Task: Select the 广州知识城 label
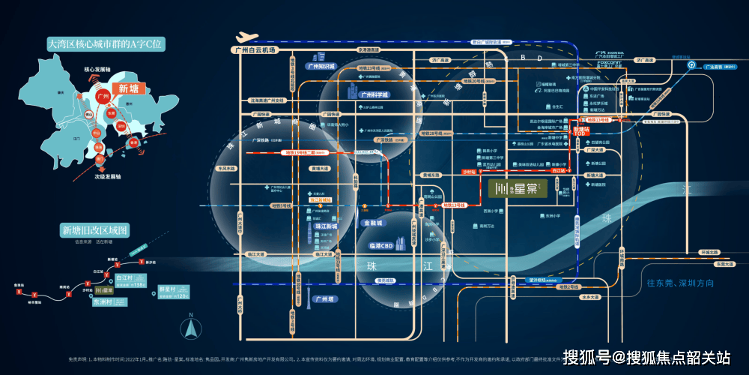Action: (322, 66)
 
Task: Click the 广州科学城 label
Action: (374, 95)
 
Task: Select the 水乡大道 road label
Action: (589, 297)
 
